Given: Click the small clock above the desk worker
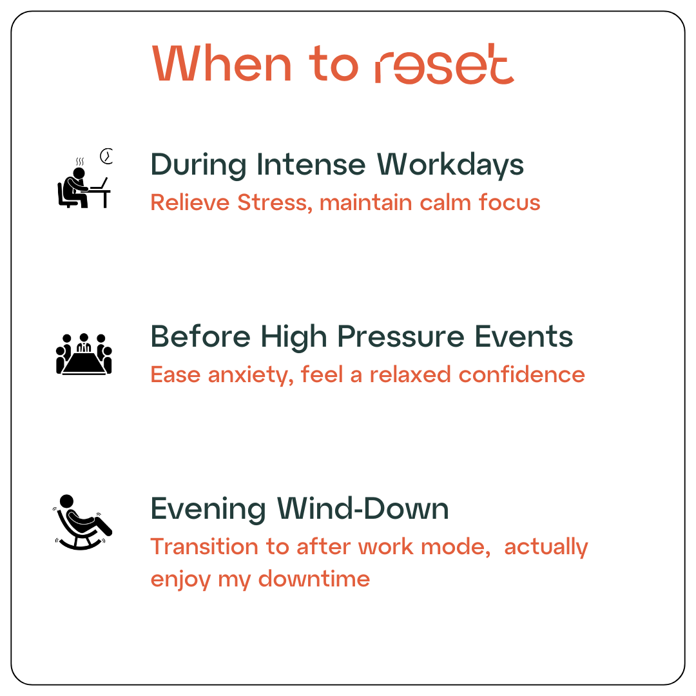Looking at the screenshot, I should tap(106, 156).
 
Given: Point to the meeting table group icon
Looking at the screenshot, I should tap(84, 354).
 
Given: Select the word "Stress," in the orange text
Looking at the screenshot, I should tap(275, 202).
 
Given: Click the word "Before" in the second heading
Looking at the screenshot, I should tap(200, 336).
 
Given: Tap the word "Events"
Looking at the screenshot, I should tap(523, 336).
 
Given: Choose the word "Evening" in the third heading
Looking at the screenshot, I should tap(208, 509).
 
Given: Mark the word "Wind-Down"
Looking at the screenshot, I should tap(363, 509).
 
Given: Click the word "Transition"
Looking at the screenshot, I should tap(204, 546).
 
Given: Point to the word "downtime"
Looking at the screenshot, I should tap(314, 579).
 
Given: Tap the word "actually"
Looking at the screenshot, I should tap(546, 547).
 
